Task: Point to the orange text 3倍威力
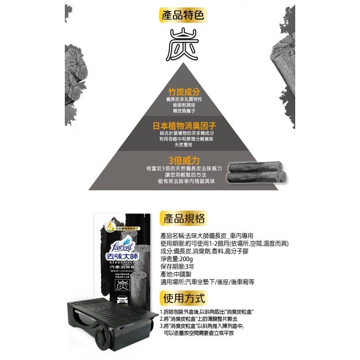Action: coord(180,160)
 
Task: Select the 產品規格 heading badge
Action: coord(183,219)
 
